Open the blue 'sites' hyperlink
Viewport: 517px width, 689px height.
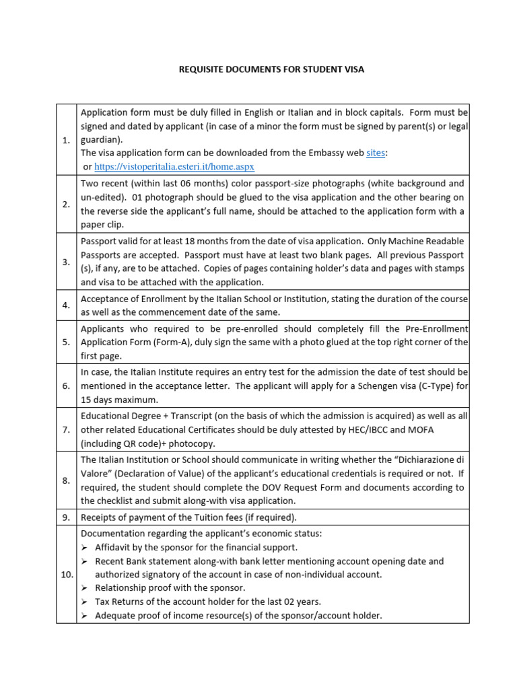click(x=376, y=153)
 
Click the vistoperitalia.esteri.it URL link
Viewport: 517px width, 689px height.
click(x=174, y=166)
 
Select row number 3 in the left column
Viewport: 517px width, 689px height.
click(x=66, y=262)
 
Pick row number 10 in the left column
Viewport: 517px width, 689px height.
click(x=66, y=574)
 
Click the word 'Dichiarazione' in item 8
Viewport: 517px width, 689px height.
click(x=423, y=460)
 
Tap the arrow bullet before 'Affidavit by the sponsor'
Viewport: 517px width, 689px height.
click(x=85, y=548)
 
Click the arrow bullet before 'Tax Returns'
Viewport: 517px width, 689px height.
click(x=85, y=602)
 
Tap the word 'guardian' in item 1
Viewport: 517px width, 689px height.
click(x=100, y=139)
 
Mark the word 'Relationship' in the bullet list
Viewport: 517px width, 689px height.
click(x=122, y=588)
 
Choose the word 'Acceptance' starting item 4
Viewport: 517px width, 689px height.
click(x=105, y=299)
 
